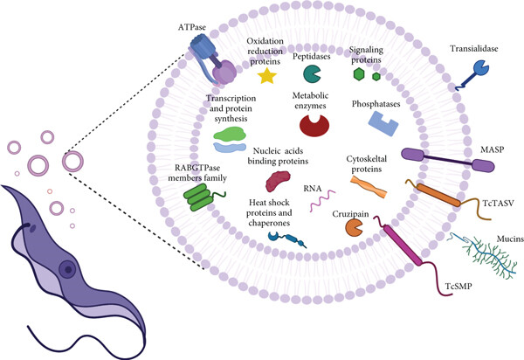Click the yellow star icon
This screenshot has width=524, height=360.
coord(267,75)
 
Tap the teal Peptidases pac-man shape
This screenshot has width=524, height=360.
coord(312,74)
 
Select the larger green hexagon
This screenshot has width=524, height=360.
coord(359,74)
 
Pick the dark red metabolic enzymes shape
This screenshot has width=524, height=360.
coord(314,125)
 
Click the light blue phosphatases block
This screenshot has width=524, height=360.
coord(383,123)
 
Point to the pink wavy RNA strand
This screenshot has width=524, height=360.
coord(322,201)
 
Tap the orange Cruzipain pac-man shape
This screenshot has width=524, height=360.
coord(354,228)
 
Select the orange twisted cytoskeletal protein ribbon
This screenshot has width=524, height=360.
coord(369,187)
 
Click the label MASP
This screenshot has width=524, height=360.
coord(492,149)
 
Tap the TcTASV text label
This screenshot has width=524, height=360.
coord(499,203)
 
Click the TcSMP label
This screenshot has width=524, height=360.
coord(458,286)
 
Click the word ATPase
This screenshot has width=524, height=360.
coord(192,27)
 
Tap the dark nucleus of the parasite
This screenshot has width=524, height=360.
coord(68,269)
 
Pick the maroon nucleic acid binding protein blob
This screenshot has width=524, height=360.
coord(278,181)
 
